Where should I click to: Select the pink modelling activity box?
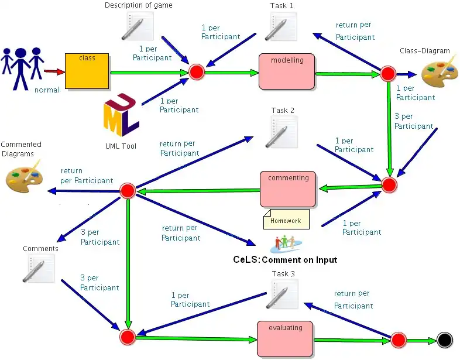click(287, 71)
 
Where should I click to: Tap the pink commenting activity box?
click(288, 188)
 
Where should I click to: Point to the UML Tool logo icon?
click(121, 115)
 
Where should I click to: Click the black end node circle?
click(444, 340)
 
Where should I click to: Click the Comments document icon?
click(39, 268)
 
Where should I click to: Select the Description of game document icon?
click(139, 26)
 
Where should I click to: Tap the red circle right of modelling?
click(388, 74)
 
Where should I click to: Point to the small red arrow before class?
click(54, 72)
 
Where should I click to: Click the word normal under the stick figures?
click(47, 90)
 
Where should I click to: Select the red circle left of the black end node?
click(399, 340)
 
